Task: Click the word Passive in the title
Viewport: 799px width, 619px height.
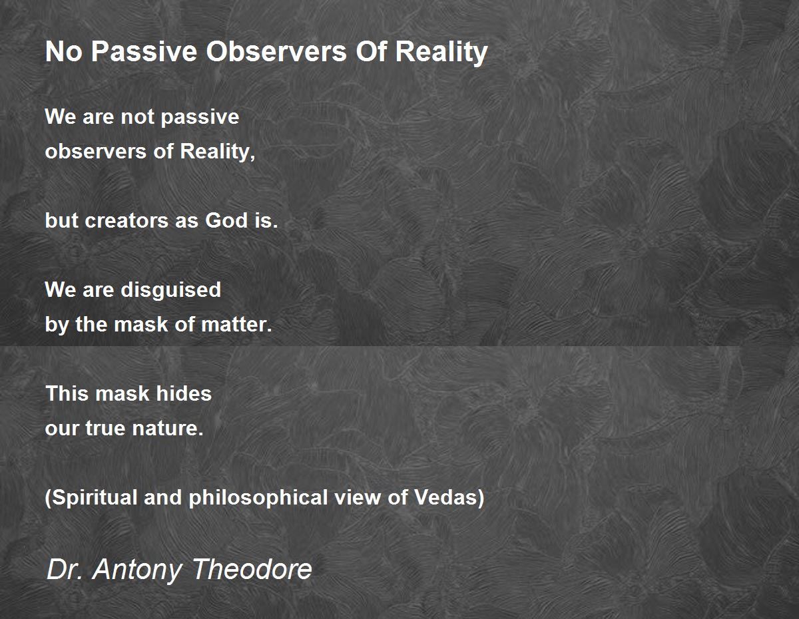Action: (x=144, y=51)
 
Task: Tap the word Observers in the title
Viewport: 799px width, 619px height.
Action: (x=276, y=51)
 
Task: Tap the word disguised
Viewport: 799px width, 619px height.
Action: (x=171, y=290)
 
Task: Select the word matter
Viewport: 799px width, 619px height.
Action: (x=236, y=325)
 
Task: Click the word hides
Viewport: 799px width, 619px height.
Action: (x=184, y=393)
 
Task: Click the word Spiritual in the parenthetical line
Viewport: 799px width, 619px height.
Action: (x=92, y=498)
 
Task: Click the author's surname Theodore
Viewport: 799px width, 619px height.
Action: (x=252, y=569)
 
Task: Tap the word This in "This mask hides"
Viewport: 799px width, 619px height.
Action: (x=67, y=393)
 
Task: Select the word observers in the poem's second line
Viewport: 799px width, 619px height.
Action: (x=96, y=152)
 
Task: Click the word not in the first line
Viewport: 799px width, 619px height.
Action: (x=138, y=117)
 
